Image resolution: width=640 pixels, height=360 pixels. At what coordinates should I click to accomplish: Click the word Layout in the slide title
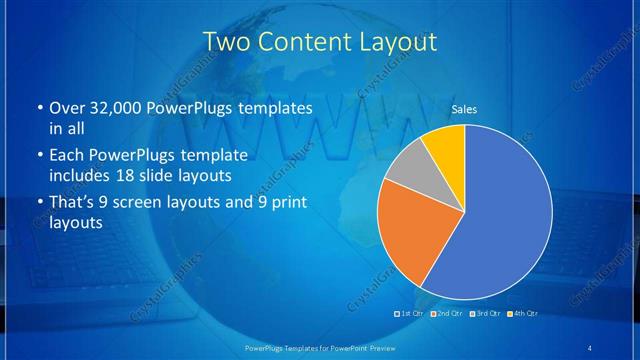[x=392, y=42]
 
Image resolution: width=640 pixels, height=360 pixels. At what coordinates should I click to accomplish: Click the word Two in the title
[x=225, y=42]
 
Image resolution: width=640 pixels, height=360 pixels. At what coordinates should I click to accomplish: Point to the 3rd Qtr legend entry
[x=486, y=314]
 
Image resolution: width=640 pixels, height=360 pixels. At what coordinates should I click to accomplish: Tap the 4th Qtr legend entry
[x=523, y=314]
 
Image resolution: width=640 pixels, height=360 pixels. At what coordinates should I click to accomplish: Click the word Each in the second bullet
[x=66, y=156]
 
